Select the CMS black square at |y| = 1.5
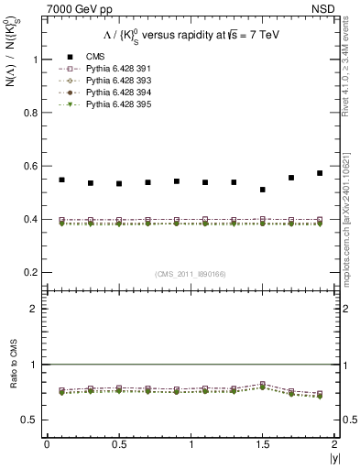click(263, 190)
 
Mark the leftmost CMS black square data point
click(61, 180)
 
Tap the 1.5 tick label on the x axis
click(263, 444)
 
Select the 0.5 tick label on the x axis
click(118, 444)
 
